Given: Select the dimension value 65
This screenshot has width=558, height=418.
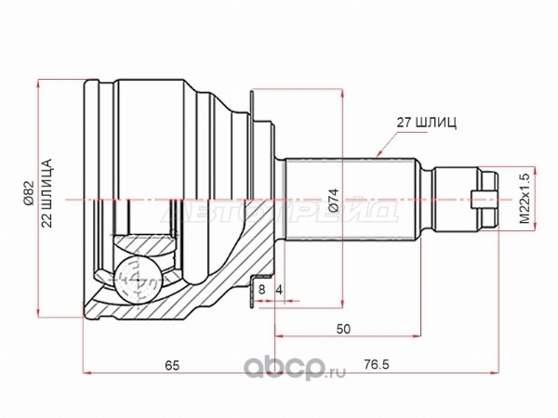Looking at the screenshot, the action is click(171, 364).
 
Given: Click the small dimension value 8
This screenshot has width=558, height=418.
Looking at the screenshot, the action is click(263, 290).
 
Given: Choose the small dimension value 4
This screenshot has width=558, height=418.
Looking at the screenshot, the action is click(278, 290).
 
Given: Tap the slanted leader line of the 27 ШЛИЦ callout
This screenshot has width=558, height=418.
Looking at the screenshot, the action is click(389, 138).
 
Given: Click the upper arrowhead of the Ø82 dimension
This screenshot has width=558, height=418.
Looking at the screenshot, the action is click(38, 84).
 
